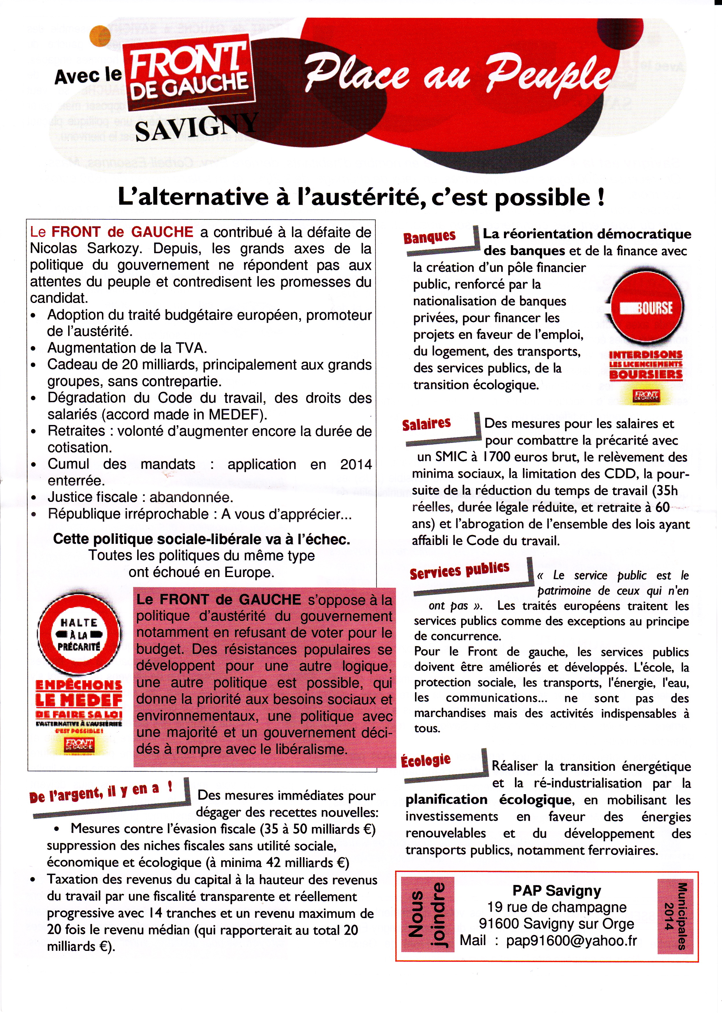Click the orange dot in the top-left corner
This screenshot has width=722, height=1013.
coord(100,36)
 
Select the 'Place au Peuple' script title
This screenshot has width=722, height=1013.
coord(458,73)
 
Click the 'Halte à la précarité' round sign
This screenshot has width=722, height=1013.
coord(79,635)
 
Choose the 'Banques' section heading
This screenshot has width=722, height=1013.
coord(429,237)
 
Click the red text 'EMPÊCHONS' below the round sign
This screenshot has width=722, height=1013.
coord(79,685)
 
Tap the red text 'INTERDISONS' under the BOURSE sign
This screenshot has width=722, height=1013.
coord(645,354)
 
